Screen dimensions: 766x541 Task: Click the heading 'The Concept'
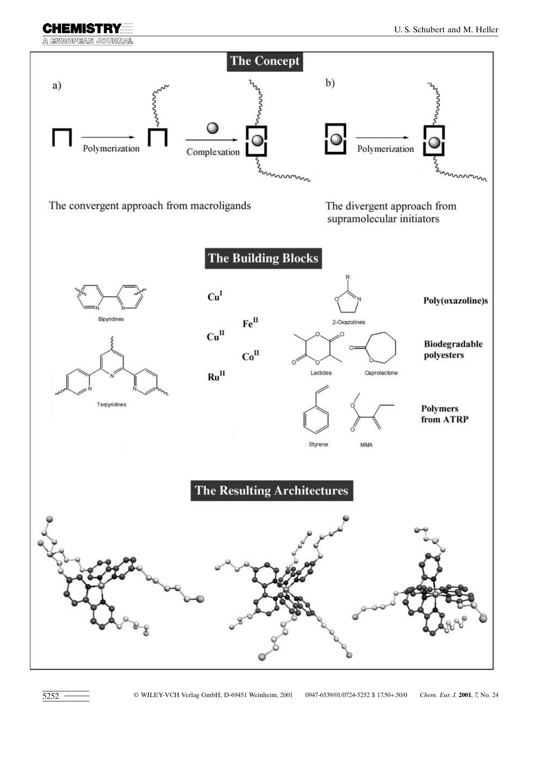click(x=264, y=61)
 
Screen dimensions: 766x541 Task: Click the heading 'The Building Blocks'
click(x=263, y=258)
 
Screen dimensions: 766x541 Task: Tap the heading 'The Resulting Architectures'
click(x=271, y=491)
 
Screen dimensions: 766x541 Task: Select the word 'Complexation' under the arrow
click(x=213, y=152)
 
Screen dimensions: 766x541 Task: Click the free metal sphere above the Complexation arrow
click(x=212, y=128)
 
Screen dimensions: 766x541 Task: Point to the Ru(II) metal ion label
click(x=216, y=376)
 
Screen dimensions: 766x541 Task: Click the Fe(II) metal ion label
click(x=250, y=323)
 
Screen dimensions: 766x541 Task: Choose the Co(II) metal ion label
click(x=250, y=356)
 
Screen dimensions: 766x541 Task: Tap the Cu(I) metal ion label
click(x=215, y=296)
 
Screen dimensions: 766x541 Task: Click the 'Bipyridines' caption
click(x=111, y=319)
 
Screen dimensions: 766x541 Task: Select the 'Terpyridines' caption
click(x=111, y=405)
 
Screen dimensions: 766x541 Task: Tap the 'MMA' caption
click(x=366, y=445)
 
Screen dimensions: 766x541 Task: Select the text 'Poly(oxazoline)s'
click(x=455, y=301)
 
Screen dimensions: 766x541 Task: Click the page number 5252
click(x=51, y=696)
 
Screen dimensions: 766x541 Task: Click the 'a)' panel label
click(x=57, y=86)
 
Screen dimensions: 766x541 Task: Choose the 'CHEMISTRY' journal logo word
click(x=82, y=29)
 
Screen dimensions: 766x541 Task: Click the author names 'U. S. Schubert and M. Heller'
click(x=446, y=30)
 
